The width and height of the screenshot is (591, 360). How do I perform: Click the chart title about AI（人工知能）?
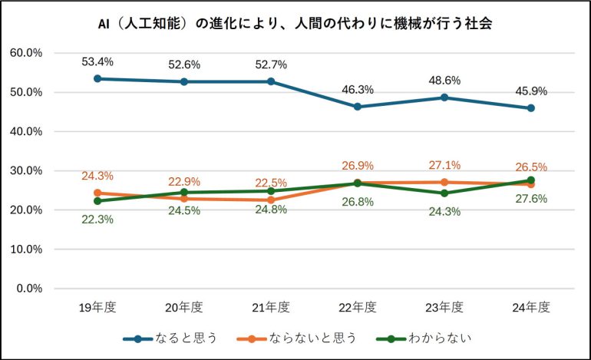point(295,24)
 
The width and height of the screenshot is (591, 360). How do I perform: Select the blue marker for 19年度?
point(97,78)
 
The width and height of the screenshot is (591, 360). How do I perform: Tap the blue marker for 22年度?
point(357,107)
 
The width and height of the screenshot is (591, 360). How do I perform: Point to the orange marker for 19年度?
point(97,193)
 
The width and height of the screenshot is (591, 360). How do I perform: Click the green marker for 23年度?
point(444,193)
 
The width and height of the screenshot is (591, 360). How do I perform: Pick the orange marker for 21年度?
point(271,200)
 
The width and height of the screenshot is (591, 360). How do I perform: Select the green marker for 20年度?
point(184,192)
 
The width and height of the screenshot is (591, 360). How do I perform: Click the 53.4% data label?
point(97,61)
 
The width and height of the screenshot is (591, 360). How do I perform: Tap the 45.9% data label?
point(530,91)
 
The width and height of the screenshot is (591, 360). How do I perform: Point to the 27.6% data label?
point(530,198)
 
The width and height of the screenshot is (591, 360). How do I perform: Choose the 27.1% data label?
point(444,165)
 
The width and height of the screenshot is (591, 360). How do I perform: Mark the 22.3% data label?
point(97,219)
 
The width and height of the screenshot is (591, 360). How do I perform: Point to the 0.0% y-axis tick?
point(28,289)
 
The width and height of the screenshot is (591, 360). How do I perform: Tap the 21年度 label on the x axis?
point(271,308)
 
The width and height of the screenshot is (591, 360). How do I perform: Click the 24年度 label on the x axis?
point(530,308)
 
